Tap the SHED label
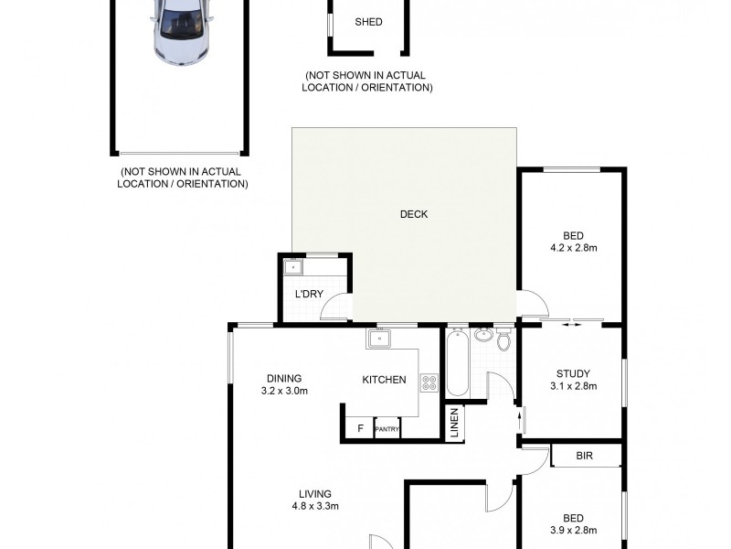tap(368, 22)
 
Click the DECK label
tap(414, 215)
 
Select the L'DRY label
tap(309, 294)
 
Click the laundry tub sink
tap(293, 269)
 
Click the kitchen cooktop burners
tap(429, 382)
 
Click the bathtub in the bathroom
tap(457, 364)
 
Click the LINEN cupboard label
tap(454, 424)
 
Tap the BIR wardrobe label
tap(585, 455)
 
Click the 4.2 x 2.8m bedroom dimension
tap(573, 248)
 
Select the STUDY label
tap(573, 373)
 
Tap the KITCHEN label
tap(384, 380)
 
